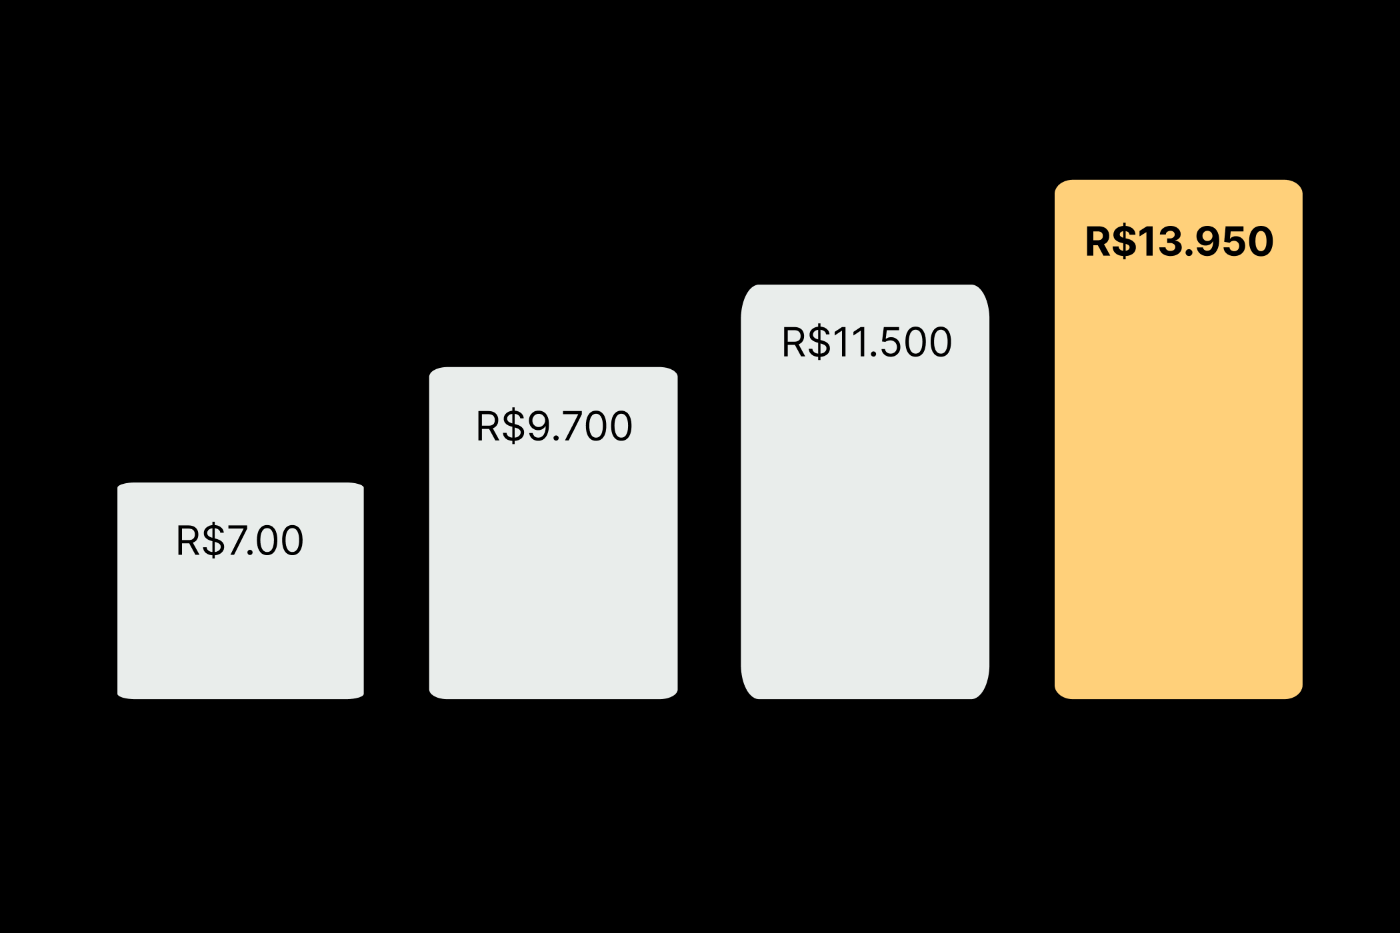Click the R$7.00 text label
(x=239, y=540)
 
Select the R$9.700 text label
(x=553, y=427)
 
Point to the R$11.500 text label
(x=866, y=343)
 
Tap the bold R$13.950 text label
(x=1179, y=241)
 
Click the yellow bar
(x=1179, y=467)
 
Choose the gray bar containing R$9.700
(x=553, y=566)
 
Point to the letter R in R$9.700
(x=488, y=427)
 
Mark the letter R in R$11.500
(x=795, y=343)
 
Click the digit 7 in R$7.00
(x=237, y=540)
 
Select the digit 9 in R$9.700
(x=539, y=427)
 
